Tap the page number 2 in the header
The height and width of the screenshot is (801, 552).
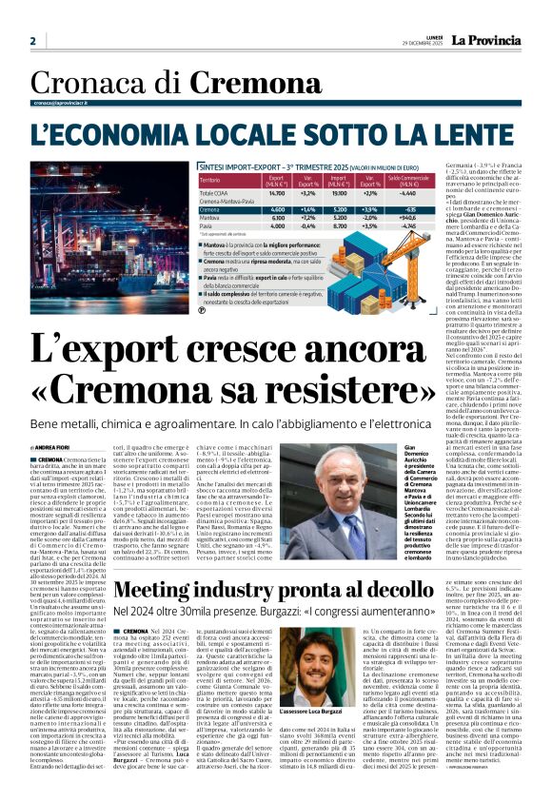click(32, 42)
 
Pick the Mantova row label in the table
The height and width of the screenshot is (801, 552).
click(183, 218)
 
